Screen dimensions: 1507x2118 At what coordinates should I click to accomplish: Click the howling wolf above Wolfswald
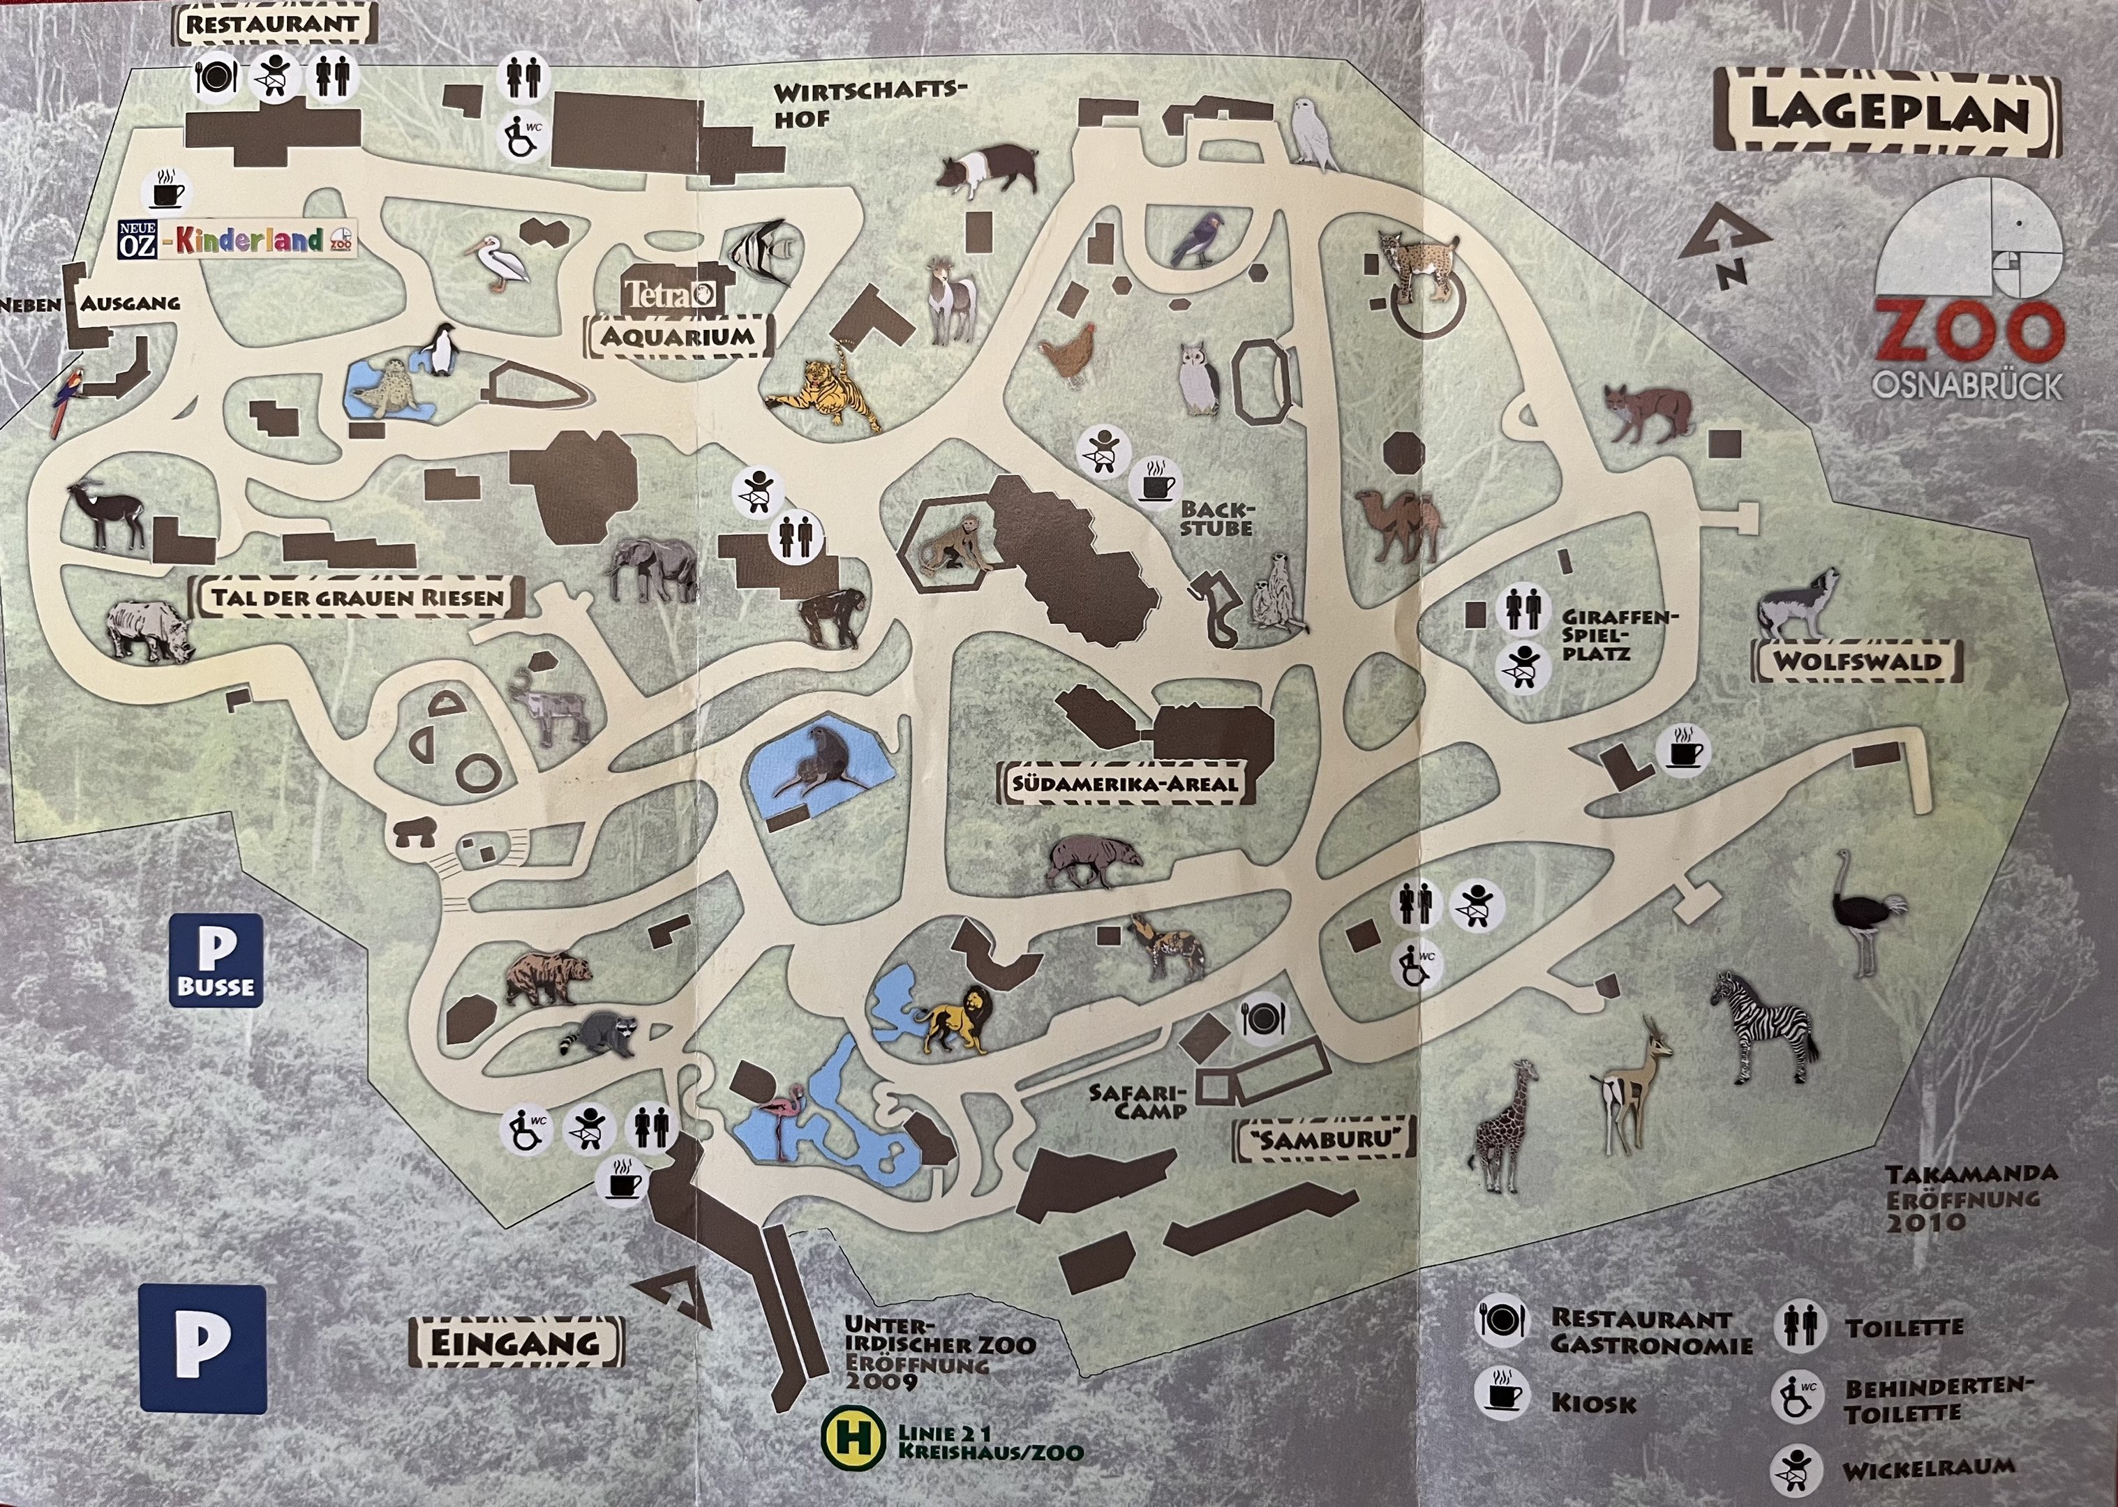click(1796, 604)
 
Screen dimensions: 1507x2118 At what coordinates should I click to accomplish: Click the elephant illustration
click(652, 569)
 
